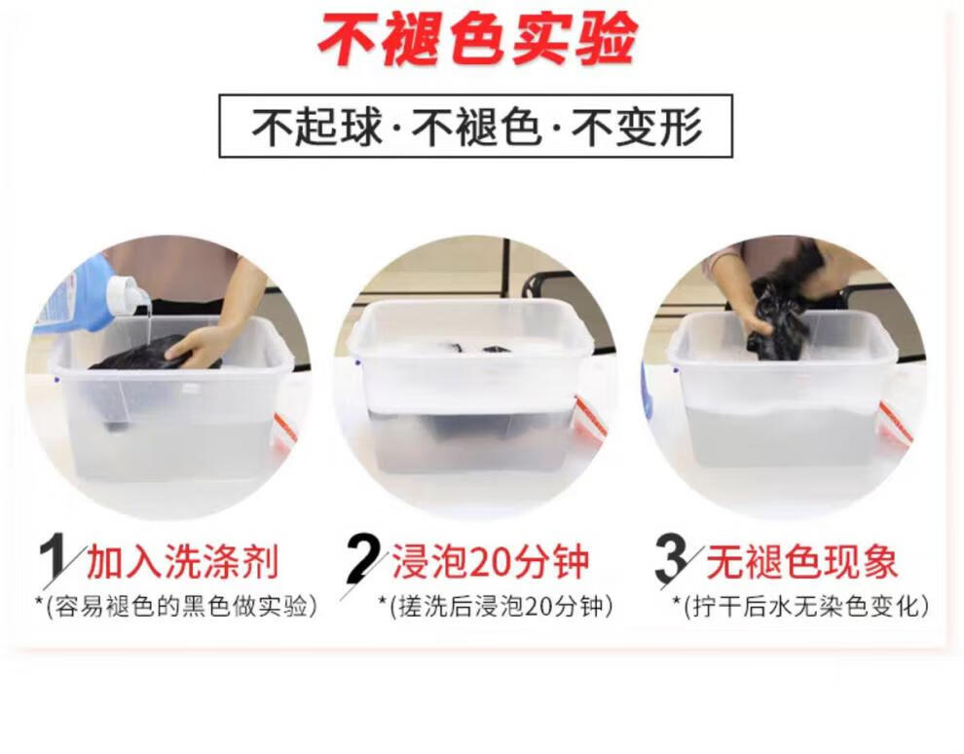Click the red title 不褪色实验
coord(477,39)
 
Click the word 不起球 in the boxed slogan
coord(316,127)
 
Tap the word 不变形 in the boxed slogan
coord(637,127)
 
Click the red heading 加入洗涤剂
coord(183,561)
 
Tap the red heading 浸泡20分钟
coord(491,561)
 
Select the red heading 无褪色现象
coord(801,561)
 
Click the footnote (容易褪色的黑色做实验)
coord(176,607)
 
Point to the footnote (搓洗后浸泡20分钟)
coord(496,607)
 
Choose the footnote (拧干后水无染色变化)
coord(800,607)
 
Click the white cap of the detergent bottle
coord(128,296)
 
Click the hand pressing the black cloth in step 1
coord(203,344)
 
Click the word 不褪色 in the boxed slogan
coord(476,127)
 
